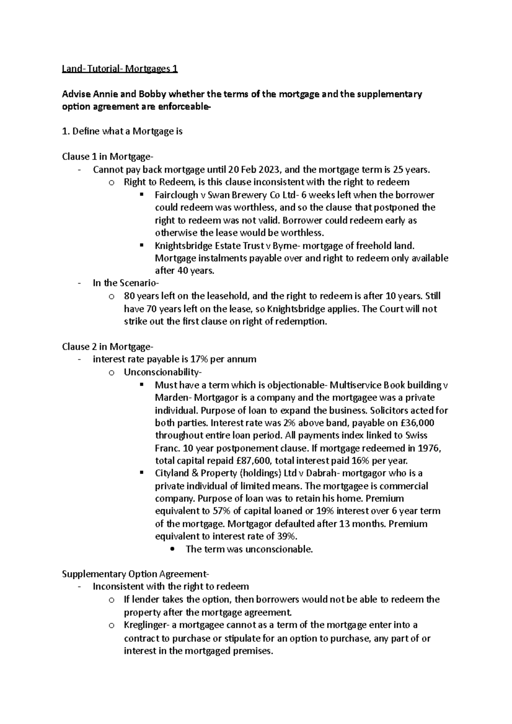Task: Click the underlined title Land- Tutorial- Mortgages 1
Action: pyautogui.click(x=119, y=69)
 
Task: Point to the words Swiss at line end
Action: pyautogui.click(x=416, y=435)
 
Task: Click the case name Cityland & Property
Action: pyautogui.click(x=196, y=473)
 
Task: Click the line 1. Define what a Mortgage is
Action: pyautogui.click(x=122, y=131)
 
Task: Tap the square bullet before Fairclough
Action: pyautogui.click(x=141, y=195)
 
